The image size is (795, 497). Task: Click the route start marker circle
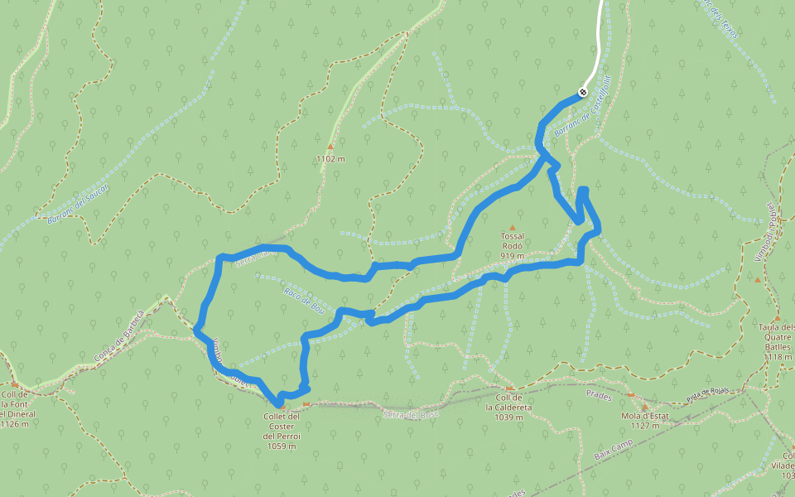583,92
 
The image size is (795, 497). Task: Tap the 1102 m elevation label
330,158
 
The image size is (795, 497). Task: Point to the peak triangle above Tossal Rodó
512,228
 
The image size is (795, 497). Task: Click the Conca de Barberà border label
119,336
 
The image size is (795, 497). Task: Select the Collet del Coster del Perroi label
282,431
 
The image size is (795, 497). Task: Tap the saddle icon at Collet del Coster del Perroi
306,404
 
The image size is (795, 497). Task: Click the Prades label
598,396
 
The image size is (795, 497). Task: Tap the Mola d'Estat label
644,422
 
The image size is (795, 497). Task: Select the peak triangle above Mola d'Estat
644,407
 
